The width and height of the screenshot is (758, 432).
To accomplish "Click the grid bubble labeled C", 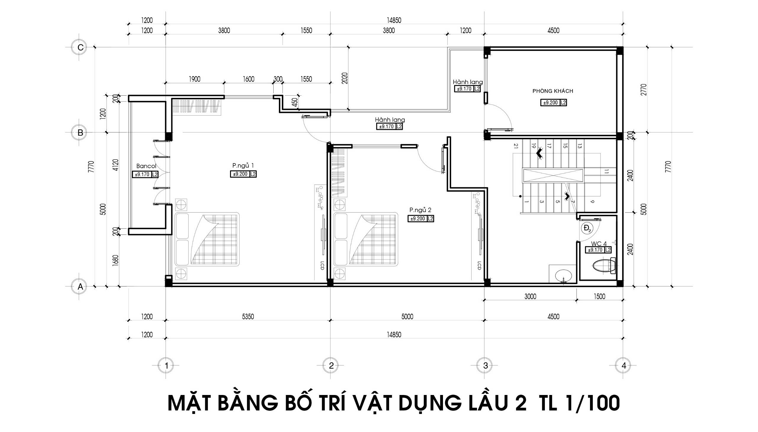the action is (79, 47).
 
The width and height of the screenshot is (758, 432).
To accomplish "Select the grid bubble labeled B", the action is (79, 133).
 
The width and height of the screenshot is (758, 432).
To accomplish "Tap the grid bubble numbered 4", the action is (624, 366).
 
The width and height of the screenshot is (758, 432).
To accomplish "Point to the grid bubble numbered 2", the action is (331, 366).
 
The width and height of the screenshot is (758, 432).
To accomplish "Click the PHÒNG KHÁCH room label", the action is (553, 91).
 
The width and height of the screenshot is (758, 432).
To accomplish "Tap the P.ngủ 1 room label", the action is (243, 166).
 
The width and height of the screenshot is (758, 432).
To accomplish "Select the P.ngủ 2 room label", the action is (420, 210).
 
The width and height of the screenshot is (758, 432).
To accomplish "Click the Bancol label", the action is (146, 166).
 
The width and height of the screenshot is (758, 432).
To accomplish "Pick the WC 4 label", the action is (599, 244).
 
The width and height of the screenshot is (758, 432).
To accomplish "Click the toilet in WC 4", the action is (604, 266).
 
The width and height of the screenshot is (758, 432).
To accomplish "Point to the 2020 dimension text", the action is (344, 78).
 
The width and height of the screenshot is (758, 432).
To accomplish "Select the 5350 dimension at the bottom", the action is (248, 317).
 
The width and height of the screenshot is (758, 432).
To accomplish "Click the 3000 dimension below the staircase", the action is (530, 296).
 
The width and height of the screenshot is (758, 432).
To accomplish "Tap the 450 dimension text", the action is (294, 102).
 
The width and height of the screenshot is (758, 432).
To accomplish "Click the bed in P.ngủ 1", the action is (207, 239).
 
